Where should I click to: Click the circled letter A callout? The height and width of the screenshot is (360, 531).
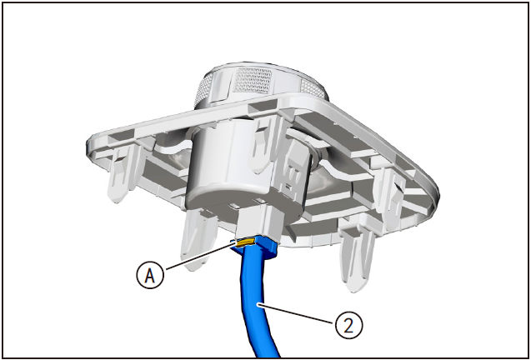click(150, 275)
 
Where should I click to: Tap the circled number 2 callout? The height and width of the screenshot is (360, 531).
click(348, 326)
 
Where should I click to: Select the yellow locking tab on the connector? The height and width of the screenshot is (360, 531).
click(244, 242)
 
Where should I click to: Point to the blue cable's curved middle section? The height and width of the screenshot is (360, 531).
click(253, 298)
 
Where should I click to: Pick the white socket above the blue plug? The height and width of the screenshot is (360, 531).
click(259, 222)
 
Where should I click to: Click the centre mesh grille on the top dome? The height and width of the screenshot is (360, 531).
click(253, 81)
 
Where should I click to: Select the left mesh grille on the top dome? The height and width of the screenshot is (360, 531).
click(203, 90)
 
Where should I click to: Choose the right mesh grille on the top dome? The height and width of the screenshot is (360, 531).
click(313, 88)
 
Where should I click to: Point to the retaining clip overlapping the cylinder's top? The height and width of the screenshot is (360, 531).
click(267, 142)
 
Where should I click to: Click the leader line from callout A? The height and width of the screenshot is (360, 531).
click(200, 256)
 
